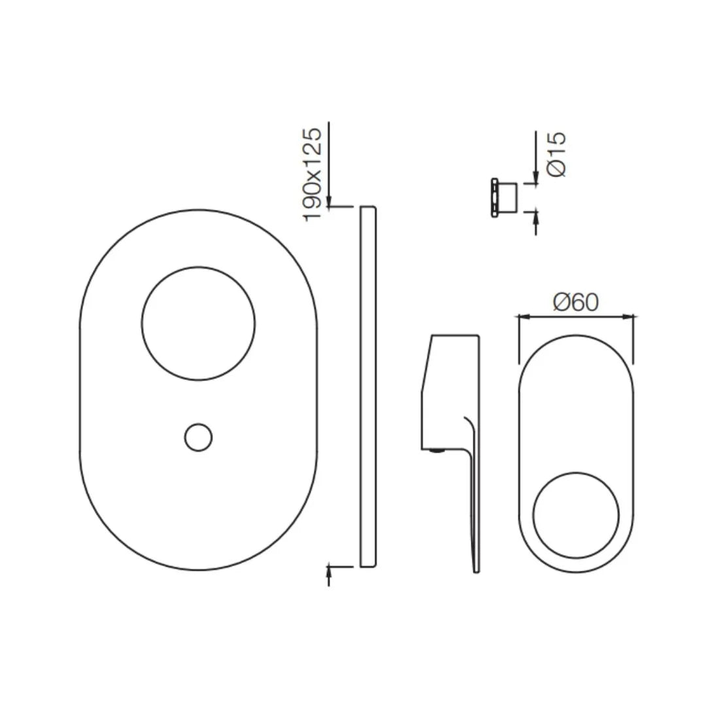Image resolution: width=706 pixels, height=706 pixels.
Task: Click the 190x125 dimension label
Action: (x=313, y=174)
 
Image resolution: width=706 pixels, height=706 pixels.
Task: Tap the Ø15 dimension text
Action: (x=556, y=154)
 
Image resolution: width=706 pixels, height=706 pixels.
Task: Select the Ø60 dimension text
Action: (x=575, y=302)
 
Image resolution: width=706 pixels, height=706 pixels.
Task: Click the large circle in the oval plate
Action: (x=198, y=323)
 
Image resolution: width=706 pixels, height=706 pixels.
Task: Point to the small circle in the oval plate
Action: (x=198, y=437)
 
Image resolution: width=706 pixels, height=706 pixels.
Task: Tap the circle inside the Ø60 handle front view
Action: (x=576, y=515)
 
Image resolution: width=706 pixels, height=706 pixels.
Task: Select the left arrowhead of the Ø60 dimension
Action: (x=522, y=317)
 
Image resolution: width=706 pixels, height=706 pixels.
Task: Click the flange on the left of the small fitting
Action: (x=495, y=197)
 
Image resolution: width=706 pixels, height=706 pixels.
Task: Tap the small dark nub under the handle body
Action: (x=435, y=450)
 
